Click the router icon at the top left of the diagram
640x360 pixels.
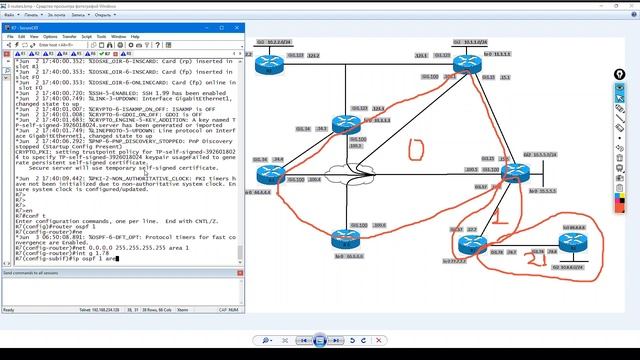point(268,64)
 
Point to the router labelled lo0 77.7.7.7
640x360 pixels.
point(470,243)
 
